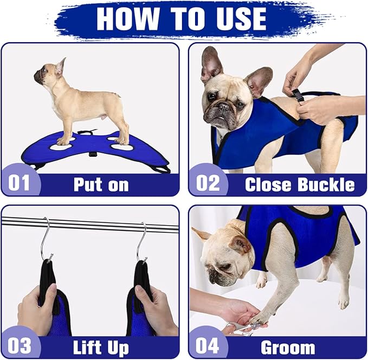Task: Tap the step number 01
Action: pyautogui.click(x=20, y=183)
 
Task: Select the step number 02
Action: pyautogui.click(x=208, y=183)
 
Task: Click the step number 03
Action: pyautogui.click(x=20, y=346)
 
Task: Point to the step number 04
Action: pyautogui.click(x=208, y=346)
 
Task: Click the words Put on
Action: pyautogui.click(x=101, y=184)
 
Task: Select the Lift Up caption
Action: pyautogui.click(x=101, y=346)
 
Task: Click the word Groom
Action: pyautogui.click(x=288, y=346)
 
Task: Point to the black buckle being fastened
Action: pyautogui.click(x=298, y=96)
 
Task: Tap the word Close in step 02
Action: pyautogui.click(x=267, y=184)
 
